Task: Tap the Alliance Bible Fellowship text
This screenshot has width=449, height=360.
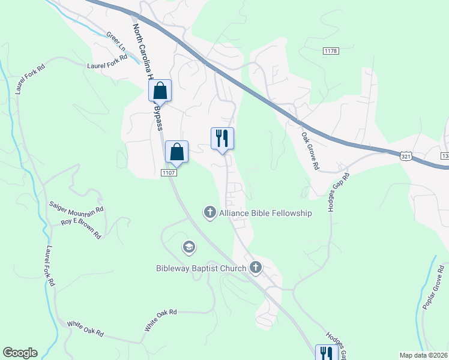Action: click(265, 213)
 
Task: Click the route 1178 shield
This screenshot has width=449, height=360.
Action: click(330, 51)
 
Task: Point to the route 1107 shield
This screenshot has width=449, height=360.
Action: click(167, 173)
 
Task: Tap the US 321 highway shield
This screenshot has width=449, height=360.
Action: click(406, 155)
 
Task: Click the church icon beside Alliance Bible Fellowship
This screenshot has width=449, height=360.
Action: click(209, 212)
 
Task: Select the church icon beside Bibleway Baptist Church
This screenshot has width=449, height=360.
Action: click(256, 268)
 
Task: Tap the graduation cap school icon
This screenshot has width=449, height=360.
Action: click(188, 247)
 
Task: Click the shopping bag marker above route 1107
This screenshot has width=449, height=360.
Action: click(177, 152)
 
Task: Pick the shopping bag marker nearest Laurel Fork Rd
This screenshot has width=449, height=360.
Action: click(160, 92)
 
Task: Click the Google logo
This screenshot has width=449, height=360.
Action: click(20, 353)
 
